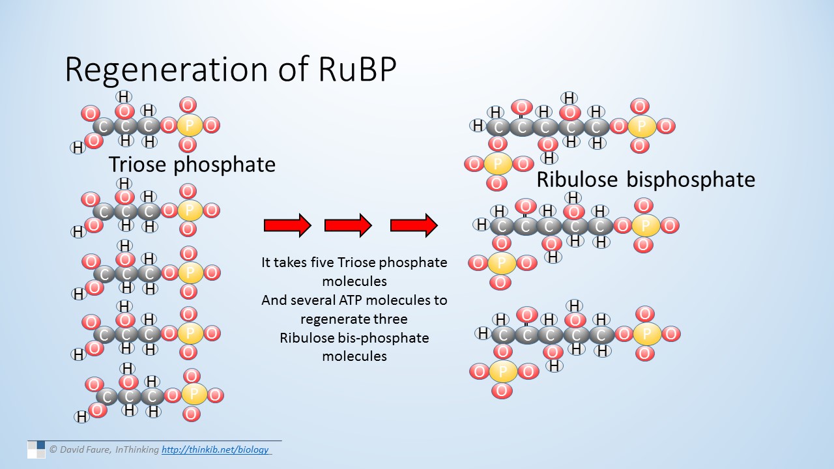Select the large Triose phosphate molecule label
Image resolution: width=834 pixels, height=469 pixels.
[192, 164]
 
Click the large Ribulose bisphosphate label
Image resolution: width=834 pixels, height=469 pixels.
[646, 179]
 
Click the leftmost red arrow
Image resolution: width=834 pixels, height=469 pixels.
[287, 225]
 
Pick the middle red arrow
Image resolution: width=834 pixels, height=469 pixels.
[348, 225]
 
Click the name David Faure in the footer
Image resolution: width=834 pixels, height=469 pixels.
[85, 449]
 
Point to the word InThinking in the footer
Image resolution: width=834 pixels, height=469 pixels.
[137, 449]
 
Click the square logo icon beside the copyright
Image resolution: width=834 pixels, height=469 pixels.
[36, 449]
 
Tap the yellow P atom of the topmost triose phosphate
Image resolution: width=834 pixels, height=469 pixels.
[190, 125]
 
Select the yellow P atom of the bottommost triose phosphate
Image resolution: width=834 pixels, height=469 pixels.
[194, 395]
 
